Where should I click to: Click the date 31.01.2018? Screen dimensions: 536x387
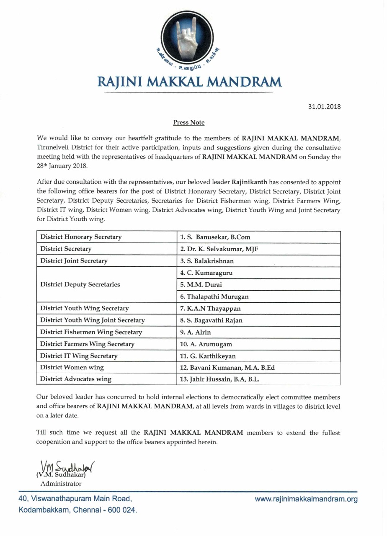[x=323, y=106]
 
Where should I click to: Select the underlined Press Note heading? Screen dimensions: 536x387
[x=189, y=123]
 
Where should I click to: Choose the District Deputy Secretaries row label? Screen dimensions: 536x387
[x=80, y=285]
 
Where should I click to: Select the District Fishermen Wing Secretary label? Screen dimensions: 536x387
[x=91, y=332]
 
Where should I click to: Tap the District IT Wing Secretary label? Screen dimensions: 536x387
[x=79, y=356]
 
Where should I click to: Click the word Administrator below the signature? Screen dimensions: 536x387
[x=61, y=483]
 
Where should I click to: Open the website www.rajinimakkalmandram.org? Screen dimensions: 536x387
[x=306, y=499]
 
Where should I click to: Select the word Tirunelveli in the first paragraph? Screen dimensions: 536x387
[x=52, y=148]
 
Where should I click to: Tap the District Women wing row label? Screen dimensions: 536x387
[x=72, y=368]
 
